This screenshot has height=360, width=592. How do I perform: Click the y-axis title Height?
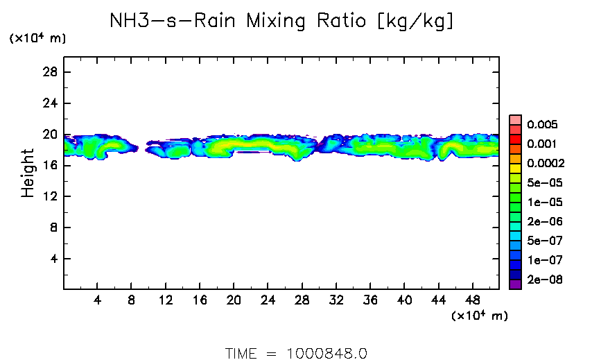tap(28, 173)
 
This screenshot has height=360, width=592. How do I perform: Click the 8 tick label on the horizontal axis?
tap(131, 301)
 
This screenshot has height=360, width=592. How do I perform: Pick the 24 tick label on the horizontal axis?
tap(267, 301)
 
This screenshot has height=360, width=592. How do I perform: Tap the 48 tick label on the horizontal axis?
tap(472, 301)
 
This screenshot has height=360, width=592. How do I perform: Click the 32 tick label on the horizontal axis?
tap(336, 301)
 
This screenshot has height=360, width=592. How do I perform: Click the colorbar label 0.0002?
tap(546, 164)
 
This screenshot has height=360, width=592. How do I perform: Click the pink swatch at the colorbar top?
tap(515, 119)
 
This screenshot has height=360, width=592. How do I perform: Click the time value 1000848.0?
tap(327, 353)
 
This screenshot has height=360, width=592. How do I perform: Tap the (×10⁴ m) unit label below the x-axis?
tap(480, 316)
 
